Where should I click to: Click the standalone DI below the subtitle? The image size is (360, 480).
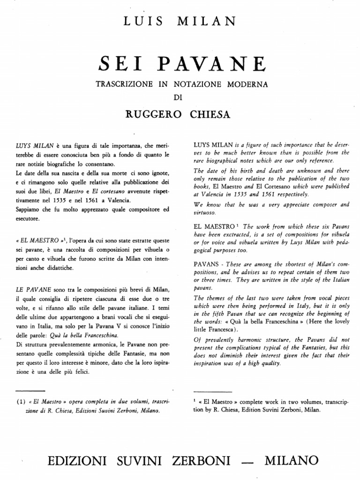[x=180, y=97]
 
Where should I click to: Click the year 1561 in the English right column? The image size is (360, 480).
[x=270, y=194]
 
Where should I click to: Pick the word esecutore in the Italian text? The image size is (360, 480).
[x=28, y=219]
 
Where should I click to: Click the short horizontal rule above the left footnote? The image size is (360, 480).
[x=30, y=390]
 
